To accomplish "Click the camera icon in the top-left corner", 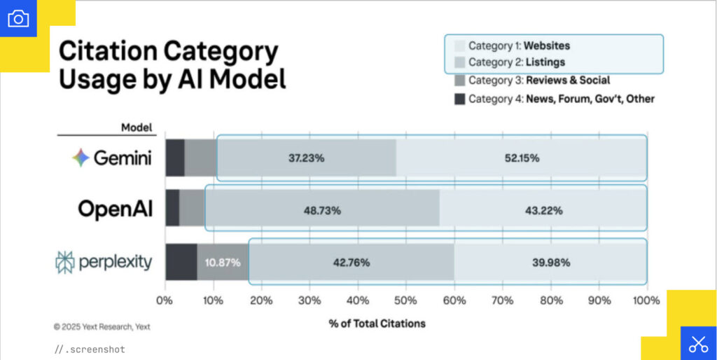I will [18, 18].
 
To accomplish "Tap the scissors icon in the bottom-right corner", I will [698, 343].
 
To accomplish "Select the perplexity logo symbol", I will [64, 262].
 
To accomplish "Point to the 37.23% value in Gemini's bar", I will [306, 158].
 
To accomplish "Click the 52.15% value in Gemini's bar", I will [522, 158].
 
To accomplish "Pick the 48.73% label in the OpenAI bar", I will [323, 210].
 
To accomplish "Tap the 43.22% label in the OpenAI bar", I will [543, 210].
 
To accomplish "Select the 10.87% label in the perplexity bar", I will [223, 263].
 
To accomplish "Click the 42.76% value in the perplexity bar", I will [351, 263].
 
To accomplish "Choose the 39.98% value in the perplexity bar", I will [552, 263].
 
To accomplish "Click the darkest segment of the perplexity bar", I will [181, 263].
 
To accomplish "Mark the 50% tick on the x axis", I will [406, 300].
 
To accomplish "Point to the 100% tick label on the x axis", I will [646, 300].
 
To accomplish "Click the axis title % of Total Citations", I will [377, 324].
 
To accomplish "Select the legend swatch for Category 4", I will [459, 99].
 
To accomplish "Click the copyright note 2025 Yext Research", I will [102, 326].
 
